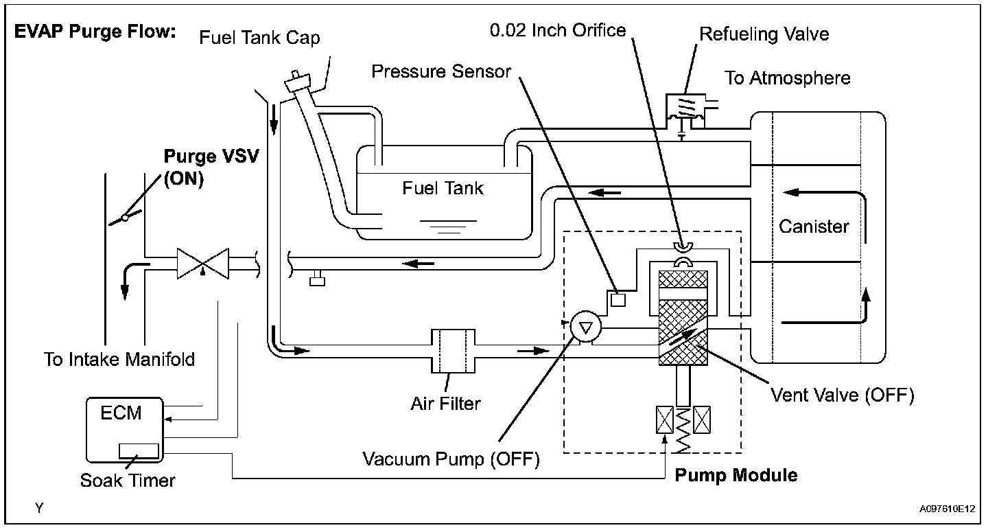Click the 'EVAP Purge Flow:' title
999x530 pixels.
pos(95,32)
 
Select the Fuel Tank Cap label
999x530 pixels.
pos(259,38)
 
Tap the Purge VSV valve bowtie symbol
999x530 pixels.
pos(203,264)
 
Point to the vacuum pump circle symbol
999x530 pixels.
pos(585,327)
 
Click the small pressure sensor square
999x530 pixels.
pos(618,300)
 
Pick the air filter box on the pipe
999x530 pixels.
pos(453,351)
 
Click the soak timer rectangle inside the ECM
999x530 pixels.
pos(139,450)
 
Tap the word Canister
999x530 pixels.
pos(814,227)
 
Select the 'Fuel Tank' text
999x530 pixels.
pos(443,188)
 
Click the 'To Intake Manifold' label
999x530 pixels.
pos(119,359)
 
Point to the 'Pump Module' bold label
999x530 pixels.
pos(736,476)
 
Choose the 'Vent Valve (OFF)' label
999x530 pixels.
pos(843,395)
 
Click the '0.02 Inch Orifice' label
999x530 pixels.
pos(558,30)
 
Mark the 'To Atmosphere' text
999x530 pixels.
pos(787,78)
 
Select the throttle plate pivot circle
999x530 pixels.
pos(126,218)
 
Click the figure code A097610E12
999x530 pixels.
pos(947,509)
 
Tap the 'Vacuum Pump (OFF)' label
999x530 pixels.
pos(451,459)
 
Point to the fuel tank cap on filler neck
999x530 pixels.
pos(297,82)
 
